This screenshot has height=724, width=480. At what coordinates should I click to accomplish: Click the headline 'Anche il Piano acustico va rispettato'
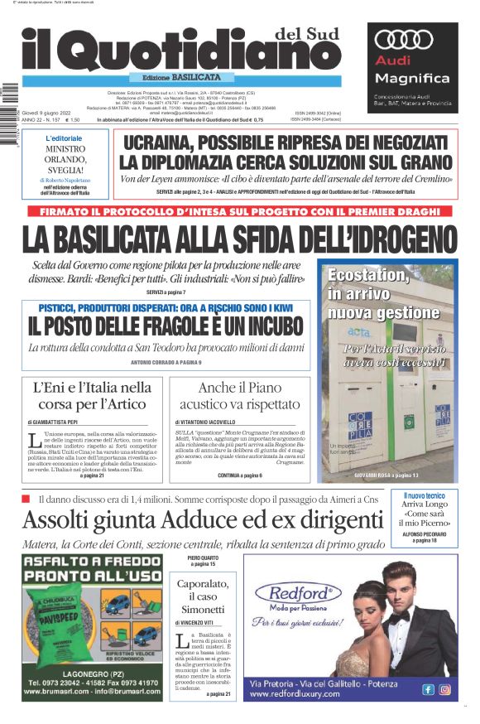pos(240,396)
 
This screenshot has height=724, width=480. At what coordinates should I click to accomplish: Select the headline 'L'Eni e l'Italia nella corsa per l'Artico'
pos(94,396)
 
